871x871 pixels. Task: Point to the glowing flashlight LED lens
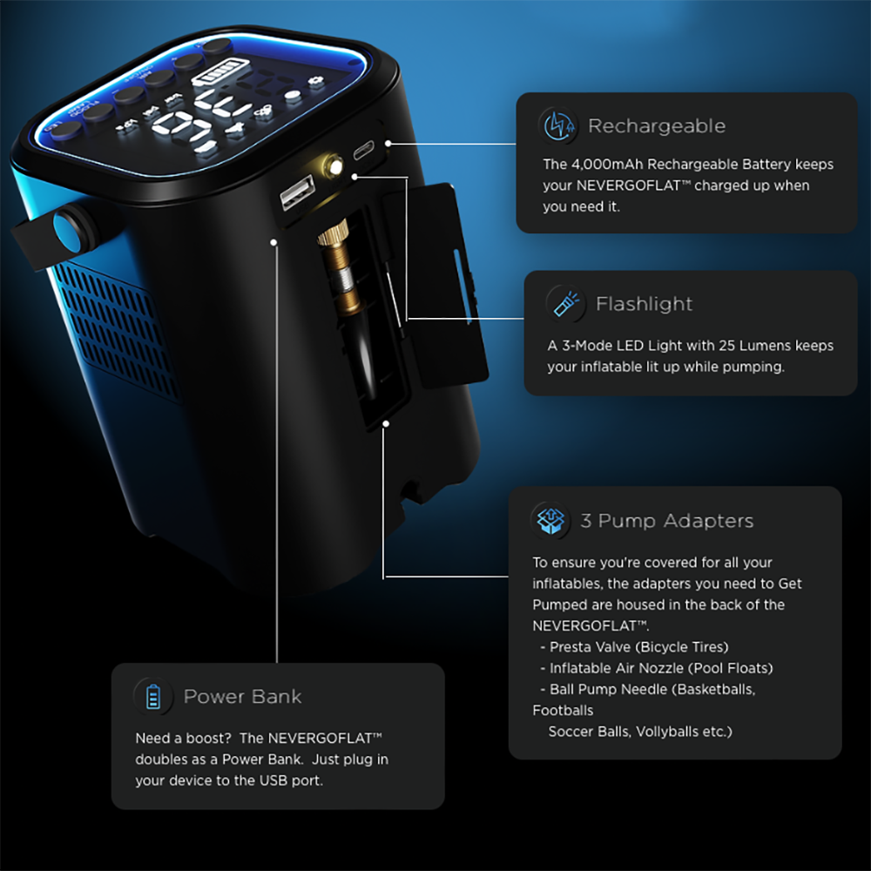click(332, 165)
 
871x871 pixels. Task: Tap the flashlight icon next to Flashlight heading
click(564, 304)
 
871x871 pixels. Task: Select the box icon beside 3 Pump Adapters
click(550, 521)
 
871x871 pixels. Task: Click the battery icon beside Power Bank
click(153, 697)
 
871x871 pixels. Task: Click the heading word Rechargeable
click(657, 126)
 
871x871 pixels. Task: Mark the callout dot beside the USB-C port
click(388, 142)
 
